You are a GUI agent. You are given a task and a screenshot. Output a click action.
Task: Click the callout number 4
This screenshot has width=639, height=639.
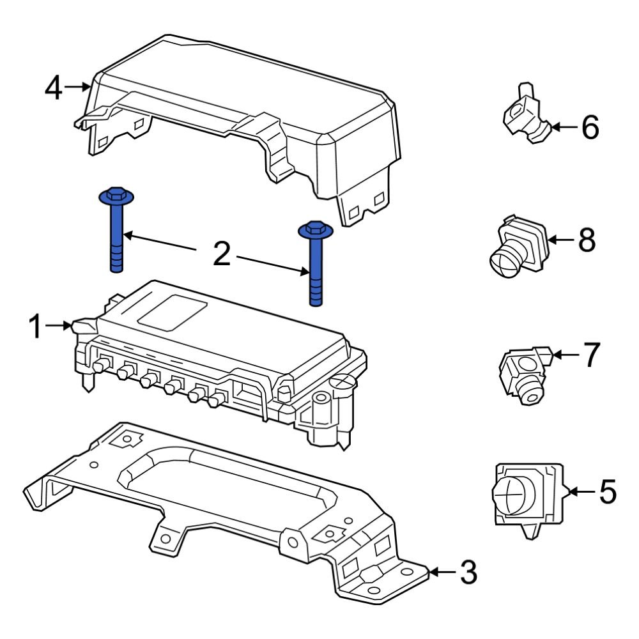(54, 88)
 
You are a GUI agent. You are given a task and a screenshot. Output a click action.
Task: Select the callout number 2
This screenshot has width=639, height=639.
(221, 254)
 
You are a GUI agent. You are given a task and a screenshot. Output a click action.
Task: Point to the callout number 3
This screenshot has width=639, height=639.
(468, 573)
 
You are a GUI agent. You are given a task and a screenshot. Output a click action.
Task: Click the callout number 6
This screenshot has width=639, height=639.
(589, 128)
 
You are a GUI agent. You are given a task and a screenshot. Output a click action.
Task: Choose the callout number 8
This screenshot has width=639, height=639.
(586, 240)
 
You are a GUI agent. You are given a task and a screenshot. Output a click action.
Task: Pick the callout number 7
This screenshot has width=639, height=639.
(589, 355)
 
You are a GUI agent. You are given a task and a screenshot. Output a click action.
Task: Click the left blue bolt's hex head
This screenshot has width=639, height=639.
(116, 194)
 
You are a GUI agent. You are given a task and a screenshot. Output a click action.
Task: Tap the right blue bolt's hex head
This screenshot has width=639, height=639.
(313, 229)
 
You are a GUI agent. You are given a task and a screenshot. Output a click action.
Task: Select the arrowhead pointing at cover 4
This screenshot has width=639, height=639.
(86, 87)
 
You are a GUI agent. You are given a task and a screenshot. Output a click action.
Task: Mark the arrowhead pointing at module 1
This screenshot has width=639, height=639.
(68, 326)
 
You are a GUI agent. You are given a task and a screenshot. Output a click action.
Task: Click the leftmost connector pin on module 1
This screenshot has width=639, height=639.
(100, 366)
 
